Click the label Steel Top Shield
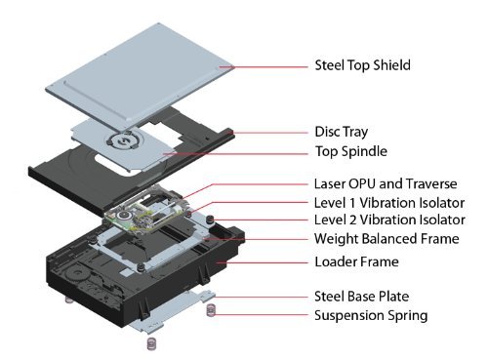tap(362, 65)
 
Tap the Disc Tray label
tap(342, 132)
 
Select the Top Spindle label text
tap(351, 151)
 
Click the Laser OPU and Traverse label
tap(386, 183)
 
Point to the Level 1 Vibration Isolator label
tap(389, 203)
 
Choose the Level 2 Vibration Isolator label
tap(389, 220)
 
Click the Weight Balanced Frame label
tap(386, 239)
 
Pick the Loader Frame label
tap(356, 261)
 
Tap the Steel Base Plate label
tap(361, 297)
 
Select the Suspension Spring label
tap(371, 315)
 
